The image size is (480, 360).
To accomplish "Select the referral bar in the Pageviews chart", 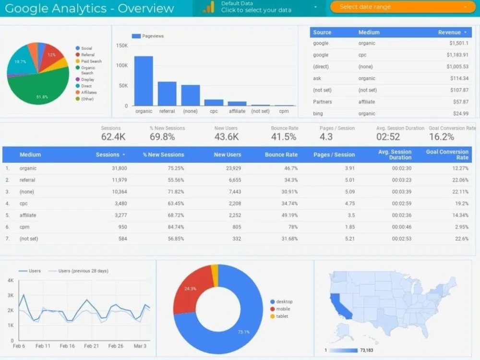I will coord(167,94).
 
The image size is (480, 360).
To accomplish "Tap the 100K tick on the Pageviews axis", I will coord(122,65).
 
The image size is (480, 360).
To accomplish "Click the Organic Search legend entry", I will coord(88,70).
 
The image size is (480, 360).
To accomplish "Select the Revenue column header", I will coord(449,32).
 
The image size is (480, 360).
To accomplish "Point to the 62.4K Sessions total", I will coord(113,137).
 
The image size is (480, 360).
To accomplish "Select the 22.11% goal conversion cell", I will coord(458,192).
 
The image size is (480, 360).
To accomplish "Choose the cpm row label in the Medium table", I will coord(24,227).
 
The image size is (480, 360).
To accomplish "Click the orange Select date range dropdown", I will coord(402,7).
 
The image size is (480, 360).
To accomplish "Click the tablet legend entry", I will coord(282,316).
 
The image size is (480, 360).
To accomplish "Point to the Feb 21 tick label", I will coord(91,346).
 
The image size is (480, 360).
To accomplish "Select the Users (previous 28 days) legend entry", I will coord(83,271).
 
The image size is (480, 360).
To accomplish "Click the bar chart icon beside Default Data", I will coord(208,7).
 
